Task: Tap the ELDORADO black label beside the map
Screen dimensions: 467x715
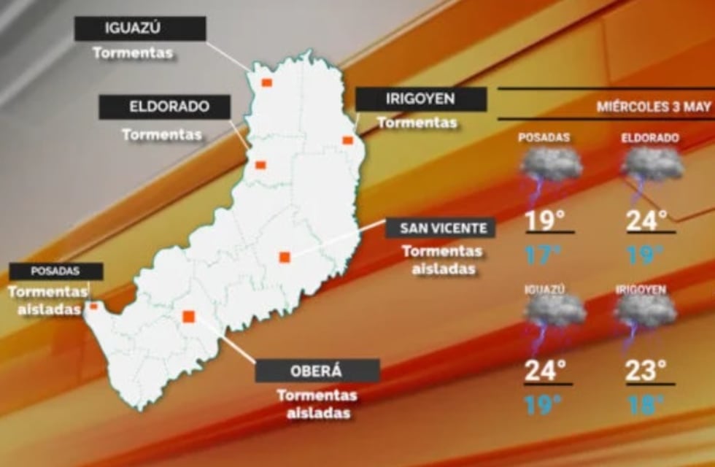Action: (165, 107)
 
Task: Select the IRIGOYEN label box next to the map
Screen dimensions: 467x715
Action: (421, 99)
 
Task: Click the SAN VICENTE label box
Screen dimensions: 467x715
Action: (443, 228)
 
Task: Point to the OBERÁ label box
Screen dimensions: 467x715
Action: (317, 370)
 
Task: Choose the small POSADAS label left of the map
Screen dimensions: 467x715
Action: (55, 271)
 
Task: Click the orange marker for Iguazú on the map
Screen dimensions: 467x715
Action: (267, 82)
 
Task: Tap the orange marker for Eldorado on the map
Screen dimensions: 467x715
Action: (260, 165)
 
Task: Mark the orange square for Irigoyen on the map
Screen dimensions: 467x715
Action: (348, 140)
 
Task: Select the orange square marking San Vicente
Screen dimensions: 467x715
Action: (285, 257)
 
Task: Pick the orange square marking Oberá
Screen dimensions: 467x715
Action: (188, 316)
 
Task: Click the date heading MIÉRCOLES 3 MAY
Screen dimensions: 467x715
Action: (653, 107)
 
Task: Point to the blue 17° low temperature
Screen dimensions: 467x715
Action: (544, 254)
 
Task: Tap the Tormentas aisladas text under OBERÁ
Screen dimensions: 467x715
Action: (317, 404)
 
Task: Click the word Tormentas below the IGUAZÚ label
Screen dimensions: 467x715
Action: (133, 53)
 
